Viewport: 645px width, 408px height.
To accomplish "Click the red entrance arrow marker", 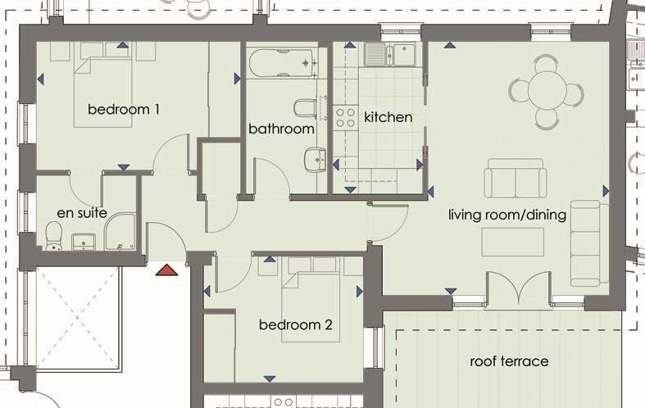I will tap(167, 270).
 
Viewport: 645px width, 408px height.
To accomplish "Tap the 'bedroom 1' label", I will tap(124, 109).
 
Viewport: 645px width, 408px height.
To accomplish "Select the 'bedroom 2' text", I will tap(295, 325).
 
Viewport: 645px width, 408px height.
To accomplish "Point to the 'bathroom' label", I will tap(281, 129).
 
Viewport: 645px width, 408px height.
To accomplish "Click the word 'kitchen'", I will tap(388, 117).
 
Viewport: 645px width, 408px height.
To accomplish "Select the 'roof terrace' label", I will tap(509, 361).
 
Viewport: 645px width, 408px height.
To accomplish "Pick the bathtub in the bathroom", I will tap(284, 63).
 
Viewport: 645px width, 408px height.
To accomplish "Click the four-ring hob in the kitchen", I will tap(345, 117).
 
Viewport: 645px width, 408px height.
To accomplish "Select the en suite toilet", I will tap(54, 237).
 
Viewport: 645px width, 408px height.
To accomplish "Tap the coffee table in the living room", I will tap(512, 242).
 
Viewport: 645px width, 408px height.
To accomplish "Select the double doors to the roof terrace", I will tap(518, 290).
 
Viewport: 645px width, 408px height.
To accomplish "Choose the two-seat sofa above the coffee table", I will tap(515, 179).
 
